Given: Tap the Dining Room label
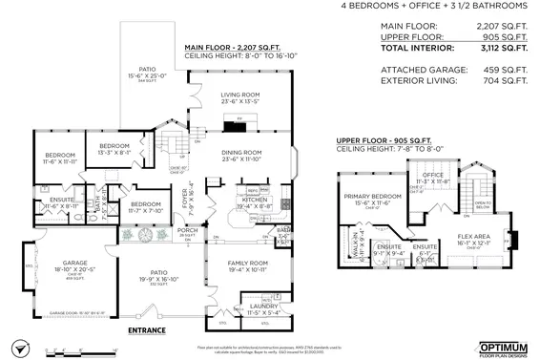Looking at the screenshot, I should pos(241,152).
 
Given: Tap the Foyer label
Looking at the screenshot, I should pos(187,196).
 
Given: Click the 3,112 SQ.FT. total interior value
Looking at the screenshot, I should pos(502,47).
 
